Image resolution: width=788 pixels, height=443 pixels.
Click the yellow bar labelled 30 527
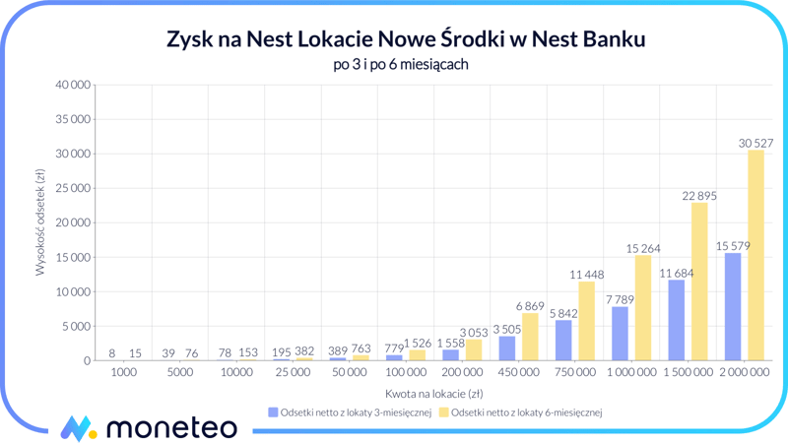(x=755, y=255)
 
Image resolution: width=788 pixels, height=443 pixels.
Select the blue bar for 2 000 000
(x=733, y=306)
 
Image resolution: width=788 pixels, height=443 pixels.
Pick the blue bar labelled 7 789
(x=620, y=334)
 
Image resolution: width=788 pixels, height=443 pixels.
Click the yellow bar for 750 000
(x=587, y=321)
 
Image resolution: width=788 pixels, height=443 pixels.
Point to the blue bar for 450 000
(x=507, y=348)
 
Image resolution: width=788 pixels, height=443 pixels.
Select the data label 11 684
(x=677, y=273)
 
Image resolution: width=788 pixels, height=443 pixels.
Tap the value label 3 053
(x=474, y=333)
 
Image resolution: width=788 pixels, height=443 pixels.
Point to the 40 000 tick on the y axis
(x=72, y=86)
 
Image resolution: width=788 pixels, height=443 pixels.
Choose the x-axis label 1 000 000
(x=631, y=374)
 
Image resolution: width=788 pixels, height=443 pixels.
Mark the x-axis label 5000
(x=180, y=374)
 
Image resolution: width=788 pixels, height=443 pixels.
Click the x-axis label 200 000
(x=462, y=374)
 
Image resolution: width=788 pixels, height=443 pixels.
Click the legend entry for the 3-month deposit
(x=350, y=412)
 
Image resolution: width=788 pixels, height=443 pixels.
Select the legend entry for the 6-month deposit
(x=520, y=412)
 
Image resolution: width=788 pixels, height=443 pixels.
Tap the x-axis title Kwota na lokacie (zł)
(x=433, y=393)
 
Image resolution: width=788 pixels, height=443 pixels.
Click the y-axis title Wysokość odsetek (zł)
(x=40, y=222)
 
